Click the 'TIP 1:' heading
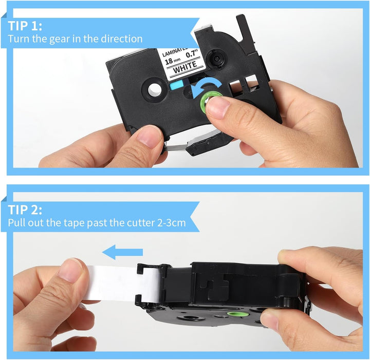25,26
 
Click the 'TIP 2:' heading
25,210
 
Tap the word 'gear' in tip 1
60,40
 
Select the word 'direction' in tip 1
122,39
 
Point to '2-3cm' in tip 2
171,223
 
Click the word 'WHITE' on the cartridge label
185,67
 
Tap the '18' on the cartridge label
169,62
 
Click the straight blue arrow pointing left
122,252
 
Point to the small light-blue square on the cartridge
176,85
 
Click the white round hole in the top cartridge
155,89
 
